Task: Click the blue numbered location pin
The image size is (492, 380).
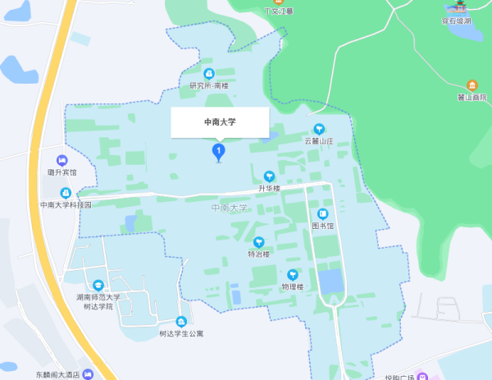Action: [219, 151]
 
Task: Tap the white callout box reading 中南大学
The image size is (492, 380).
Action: [220, 122]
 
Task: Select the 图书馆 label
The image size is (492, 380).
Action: [322, 225]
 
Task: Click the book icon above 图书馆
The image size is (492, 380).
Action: [322, 213]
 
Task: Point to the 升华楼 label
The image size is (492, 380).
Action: [269, 188]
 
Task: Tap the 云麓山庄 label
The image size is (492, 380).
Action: [319, 141]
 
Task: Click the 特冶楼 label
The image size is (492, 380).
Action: [259, 254]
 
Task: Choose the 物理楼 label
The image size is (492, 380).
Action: [293, 286]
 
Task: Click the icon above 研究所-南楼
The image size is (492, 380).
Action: [208, 74]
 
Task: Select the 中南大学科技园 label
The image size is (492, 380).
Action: [66, 204]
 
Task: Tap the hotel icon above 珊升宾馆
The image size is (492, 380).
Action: [61, 160]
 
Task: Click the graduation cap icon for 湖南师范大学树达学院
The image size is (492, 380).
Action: [98, 284]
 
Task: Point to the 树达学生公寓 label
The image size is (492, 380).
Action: [181, 333]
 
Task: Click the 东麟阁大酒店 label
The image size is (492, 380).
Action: [57, 374]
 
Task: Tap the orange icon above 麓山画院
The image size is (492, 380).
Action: [472, 85]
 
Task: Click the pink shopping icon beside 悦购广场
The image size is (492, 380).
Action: [422, 377]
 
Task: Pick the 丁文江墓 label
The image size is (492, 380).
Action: [278, 11]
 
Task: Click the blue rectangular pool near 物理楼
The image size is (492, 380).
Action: [331, 282]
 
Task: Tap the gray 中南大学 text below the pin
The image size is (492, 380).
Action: [229, 208]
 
